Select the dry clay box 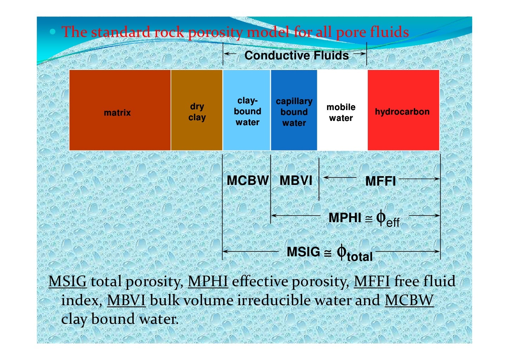click(197, 110)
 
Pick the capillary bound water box click(294, 110)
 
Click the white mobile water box click(342, 110)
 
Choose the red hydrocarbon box click(403, 110)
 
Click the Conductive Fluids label click(296, 55)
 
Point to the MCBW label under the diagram click(247, 180)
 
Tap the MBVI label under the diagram click(296, 180)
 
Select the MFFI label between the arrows click(380, 181)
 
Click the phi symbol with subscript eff click(387, 219)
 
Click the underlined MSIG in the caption click(67, 281)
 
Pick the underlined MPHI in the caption click(208, 281)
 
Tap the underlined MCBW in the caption click(409, 300)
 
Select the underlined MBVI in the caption click(126, 300)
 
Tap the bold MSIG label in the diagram click(303, 252)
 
